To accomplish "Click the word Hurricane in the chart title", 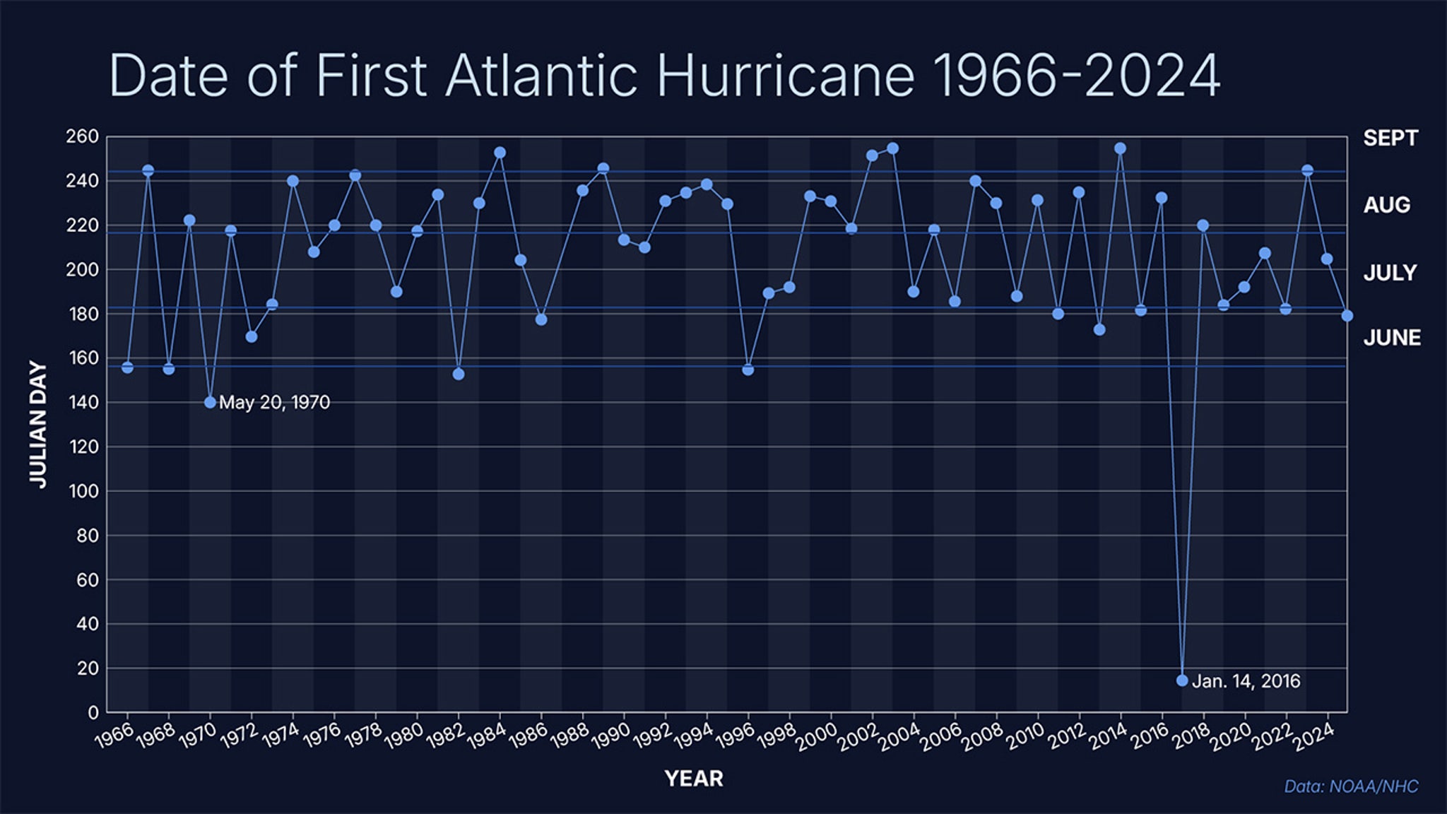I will [x=785, y=75].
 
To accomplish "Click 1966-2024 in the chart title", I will [x=1076, y=75].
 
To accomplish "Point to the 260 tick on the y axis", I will [x=82, y=136].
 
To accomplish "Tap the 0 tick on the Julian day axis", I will [x=93, y=712].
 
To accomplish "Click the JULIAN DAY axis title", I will [x=39, y=424].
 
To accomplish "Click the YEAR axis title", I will [x=694, y=779].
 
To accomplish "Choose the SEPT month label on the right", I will [x=1390, y=138].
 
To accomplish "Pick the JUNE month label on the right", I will [x=1391, y=338].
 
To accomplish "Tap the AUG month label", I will [x=1386, y=205].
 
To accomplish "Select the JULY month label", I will [x=1390, y=273].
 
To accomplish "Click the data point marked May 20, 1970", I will [x=210, y=402].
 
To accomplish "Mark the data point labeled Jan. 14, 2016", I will [x=1182, y=680].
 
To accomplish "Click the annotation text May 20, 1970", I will [x=274, y=403].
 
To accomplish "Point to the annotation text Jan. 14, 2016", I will [x=1246, y=681].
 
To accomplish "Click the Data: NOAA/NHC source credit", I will [x=1350, y=786].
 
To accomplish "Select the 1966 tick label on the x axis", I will [x=114, y=736].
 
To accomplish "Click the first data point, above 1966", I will [x=127, y=367].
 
